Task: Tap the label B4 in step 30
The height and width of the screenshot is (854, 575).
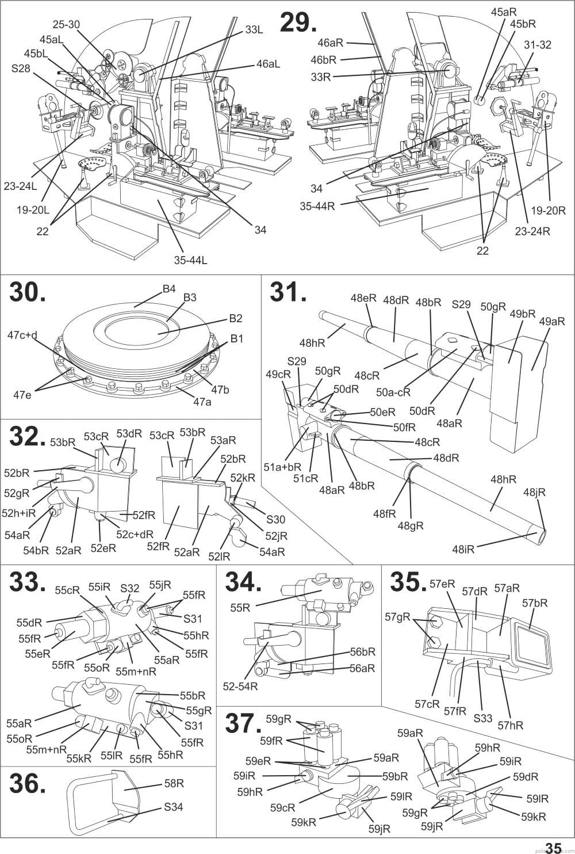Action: point(169,289)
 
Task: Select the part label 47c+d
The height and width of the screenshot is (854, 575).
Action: point(22,335)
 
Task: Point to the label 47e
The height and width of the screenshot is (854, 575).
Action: point(22,395)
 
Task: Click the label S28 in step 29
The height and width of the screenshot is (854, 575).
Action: point(21,68)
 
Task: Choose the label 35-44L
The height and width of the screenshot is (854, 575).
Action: point(190,260)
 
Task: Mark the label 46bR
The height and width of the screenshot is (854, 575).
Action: point(324,60)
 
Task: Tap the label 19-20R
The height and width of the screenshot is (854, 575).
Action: point(549,211)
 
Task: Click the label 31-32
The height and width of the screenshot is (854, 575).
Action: point(537,45)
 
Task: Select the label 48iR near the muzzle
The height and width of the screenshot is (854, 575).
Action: point(463,550)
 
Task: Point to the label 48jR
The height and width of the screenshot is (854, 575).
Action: point(534,492)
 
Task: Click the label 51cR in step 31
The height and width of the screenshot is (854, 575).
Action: point(305,478)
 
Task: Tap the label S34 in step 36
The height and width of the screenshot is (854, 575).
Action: point(174,807)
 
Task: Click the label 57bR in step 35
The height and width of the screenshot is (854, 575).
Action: point(535,603)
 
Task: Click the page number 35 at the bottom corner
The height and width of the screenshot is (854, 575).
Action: point(554,847)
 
